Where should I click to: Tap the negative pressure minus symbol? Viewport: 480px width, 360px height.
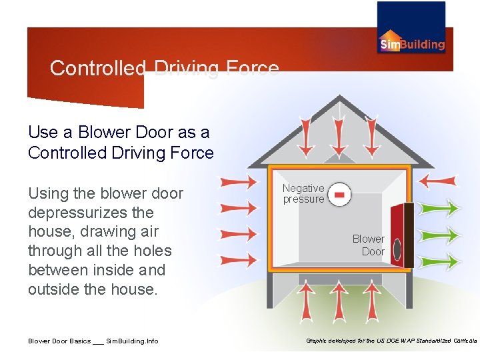[x=339, y=194]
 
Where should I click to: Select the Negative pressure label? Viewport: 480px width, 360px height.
[x=303, y=194]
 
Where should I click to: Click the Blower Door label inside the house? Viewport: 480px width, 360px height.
[x=369, y=245]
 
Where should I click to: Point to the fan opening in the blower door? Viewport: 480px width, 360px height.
[x=397, y=249]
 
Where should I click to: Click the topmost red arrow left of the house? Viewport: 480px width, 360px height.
[x=237, y=182]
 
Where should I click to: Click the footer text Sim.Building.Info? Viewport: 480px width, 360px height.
[x=132, y=341]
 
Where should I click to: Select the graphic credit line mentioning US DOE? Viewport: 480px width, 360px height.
[x=391, y=341]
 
